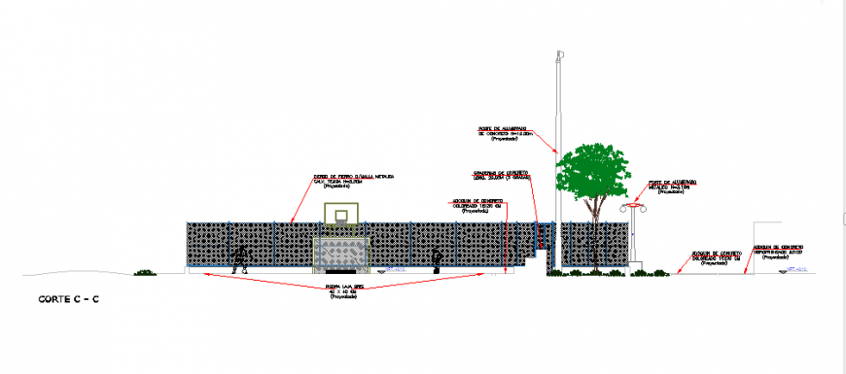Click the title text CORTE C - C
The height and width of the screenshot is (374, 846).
click(63, 299)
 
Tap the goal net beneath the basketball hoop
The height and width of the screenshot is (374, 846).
click(342, 255)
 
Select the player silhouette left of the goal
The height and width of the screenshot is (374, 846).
click(240, 257)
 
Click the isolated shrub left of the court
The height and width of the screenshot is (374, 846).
click(146, 272)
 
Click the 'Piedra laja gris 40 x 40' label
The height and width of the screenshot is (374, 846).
click(343, 290)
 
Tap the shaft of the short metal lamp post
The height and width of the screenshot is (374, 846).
click(633, 238)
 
